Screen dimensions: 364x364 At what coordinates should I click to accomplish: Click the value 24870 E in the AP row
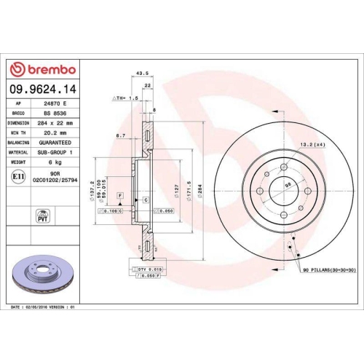click(55, 104)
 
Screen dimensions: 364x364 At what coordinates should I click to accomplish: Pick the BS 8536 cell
click(55, 114)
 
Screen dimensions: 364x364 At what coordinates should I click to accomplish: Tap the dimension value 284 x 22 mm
click(55, 123)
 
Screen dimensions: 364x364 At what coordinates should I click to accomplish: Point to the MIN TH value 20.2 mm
click(55, 132)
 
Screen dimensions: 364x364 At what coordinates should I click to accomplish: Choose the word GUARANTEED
click(55, 143)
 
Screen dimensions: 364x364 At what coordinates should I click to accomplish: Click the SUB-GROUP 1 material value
click(55, 152)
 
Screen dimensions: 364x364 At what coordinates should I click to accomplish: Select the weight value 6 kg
click(55, 162)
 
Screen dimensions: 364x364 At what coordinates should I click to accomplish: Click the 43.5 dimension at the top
click(143, 73)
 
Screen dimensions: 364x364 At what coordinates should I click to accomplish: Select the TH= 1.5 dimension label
click(125, 97)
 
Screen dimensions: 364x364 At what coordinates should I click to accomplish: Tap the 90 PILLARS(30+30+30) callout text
click(324, 270)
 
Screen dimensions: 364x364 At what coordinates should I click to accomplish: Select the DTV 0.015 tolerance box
click(149, 269)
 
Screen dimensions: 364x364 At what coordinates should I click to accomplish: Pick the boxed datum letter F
click(120, 197)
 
